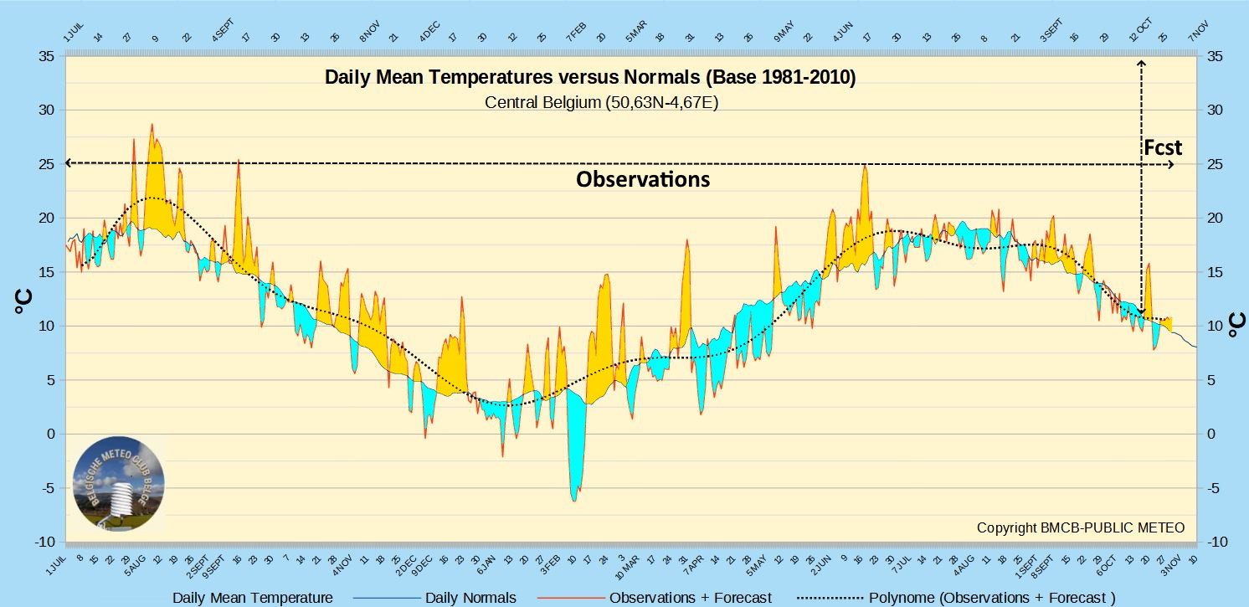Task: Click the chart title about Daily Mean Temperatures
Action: tap(590, 78)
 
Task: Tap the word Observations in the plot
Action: tap(643, 179)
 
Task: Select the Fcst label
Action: tap(1163, 148)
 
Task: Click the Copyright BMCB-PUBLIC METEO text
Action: tap(1081, 527)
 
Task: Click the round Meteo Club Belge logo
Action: tap(118, 485)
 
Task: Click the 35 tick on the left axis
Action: tap(45, 56)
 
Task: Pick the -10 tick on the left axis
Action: tap(44, 543)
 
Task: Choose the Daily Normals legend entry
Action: tap(470, 598)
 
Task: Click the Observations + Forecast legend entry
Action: tap(691, 598)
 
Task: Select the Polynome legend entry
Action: tap(992, 598)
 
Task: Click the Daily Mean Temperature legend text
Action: tap(253, 598)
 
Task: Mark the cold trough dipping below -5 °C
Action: tap(574, 497)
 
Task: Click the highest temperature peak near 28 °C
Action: tap(152, 126)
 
